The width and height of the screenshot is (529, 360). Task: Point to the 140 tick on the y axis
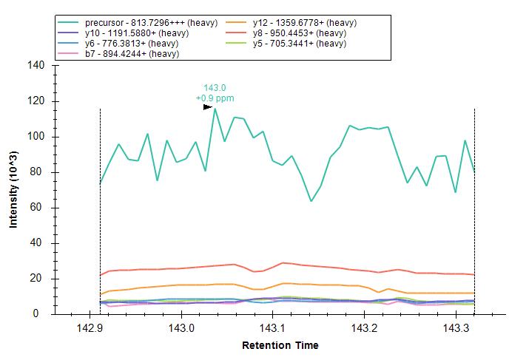tap(38, 66)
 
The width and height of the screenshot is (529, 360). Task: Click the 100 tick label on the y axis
tap(38, 137)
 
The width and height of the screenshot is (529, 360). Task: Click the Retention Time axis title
tap(280, 345)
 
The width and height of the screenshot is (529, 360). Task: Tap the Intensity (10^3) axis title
tap(14, 190)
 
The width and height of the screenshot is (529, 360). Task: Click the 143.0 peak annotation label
tap(215, 88)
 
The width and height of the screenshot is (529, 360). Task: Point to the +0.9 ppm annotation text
tap(215, 98)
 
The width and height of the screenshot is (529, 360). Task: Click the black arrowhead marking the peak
tap(208, 107)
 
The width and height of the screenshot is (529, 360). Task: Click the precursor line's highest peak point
tap(215, 109)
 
